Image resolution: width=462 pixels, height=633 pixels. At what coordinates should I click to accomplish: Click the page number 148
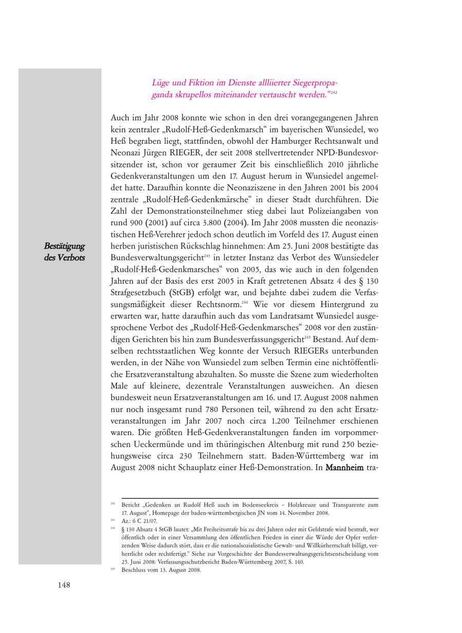[x=64, y=585]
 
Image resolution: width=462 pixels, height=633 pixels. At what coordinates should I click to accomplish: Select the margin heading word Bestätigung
[x=64, y=246]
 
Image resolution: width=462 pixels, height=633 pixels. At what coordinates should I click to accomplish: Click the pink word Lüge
[x=160, y=83]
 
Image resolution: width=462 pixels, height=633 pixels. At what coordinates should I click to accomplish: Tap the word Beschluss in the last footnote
[x=132, y=569]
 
